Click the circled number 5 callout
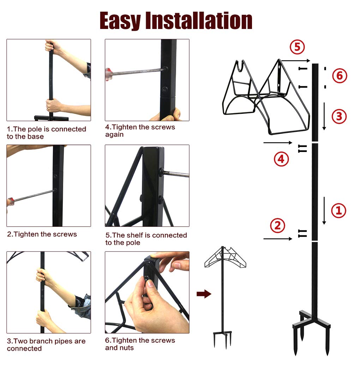(297, 47)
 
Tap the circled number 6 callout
(339, 76)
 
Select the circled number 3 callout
(339, 116)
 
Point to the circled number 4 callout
(281, 159)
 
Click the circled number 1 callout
(338, 211)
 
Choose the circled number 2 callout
(277, 225)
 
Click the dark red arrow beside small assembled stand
(204, 294)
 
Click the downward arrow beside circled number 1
(324, 211)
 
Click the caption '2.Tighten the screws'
(42, 234)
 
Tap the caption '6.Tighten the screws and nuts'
(140, 344)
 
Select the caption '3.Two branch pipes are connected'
(46, 345)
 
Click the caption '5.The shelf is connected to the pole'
(146, 239)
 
